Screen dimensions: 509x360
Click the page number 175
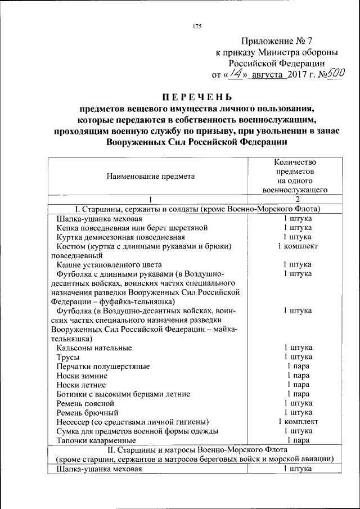(x=196, y=26)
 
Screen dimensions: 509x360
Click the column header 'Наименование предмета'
(x=147, y=176)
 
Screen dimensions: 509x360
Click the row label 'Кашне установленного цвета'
(x=109, y=264)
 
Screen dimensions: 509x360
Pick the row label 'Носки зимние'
(x=82, y=376)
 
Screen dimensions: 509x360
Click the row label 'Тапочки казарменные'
(x=96, y=440)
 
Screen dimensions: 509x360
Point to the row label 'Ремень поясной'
(x=85, y=403)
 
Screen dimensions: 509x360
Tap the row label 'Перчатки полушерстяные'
(x=103, y=366)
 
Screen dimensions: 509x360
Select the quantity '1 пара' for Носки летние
(x=298, y=385)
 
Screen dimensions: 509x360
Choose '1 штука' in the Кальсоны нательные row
(x=298, y=348)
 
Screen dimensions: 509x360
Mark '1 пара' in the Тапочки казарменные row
(x=298, y=440)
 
